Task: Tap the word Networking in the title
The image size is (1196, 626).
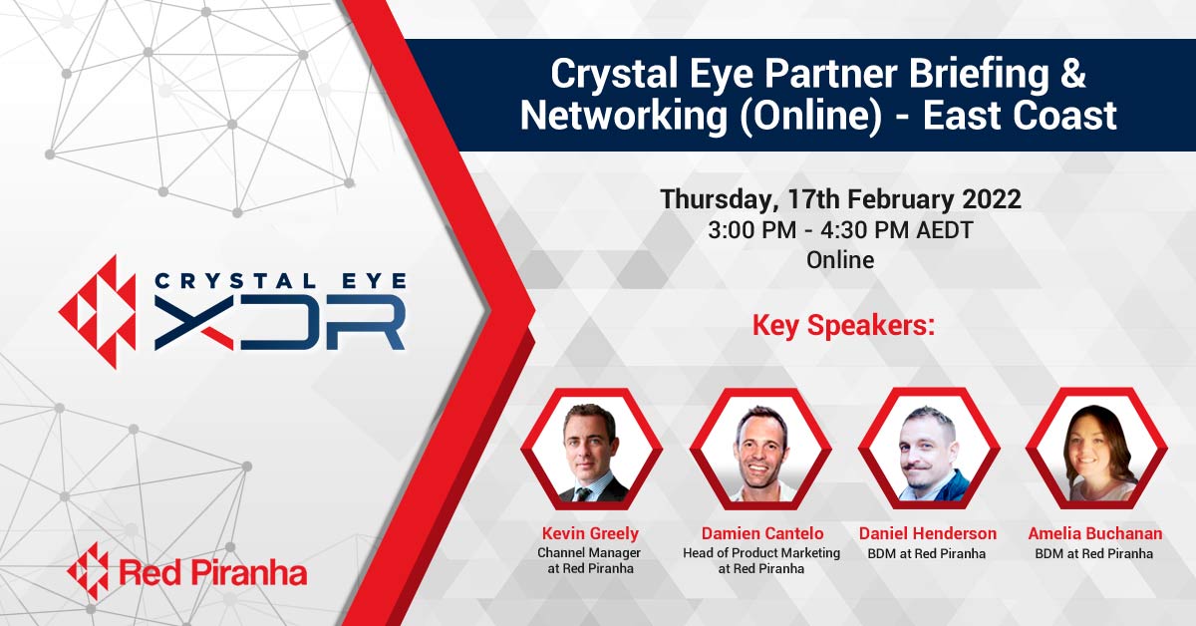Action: (624, 116)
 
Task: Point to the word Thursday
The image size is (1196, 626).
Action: (716, 200)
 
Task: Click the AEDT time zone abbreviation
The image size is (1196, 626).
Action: (945, 230)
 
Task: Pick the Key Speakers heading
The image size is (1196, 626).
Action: (843, 325)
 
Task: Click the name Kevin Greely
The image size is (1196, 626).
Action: (590, 533)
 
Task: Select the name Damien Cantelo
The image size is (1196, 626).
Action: (761, 533)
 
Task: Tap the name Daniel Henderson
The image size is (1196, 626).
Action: (928, 533)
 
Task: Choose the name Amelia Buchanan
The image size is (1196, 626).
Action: (1095, 533)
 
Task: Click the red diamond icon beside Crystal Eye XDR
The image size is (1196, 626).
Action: (98, 312)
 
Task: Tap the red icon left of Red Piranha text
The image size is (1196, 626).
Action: (88, 571)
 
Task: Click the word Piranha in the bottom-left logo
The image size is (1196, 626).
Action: (249, 573)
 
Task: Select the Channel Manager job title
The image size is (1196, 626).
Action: (589, 552)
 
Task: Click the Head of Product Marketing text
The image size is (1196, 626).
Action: (761, 552)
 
